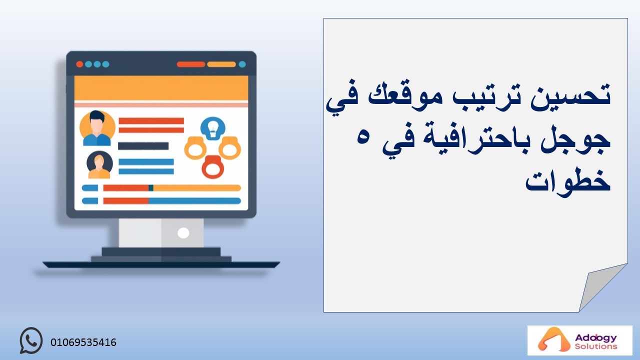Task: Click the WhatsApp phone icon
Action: tap(31, 340)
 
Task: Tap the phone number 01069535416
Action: tap(83, 342)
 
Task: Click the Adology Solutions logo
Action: tap(579, 340)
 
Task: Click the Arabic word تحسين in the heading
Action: tap(570, 95)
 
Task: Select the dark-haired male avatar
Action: tap(97, 128)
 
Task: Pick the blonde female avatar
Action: tap(99, 164)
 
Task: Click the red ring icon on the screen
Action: tap(213, 167)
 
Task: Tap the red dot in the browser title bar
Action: tap(79, 64)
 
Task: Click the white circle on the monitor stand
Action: tap(183, 233)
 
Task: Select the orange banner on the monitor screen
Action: tap(161, 88)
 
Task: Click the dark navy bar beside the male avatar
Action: tap(143, 146)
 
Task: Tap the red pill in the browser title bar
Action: tap(191, 64)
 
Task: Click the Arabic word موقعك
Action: tap(405, 95)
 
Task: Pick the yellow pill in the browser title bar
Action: tap(221, 64)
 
